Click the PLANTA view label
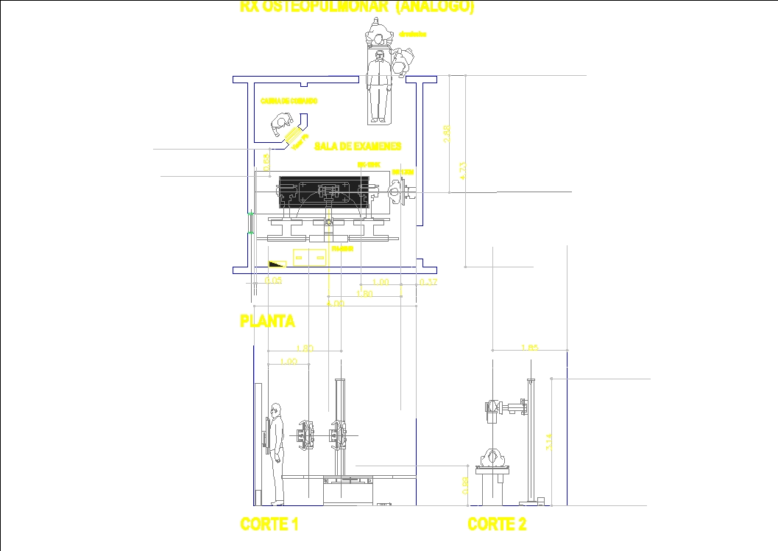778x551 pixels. (x=267, y=321)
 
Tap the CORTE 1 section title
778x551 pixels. (x=269, y=524)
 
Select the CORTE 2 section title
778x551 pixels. (x=497, y=524)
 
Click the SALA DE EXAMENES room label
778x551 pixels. (x=358, y=146)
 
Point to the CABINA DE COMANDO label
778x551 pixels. (x=289, y=100)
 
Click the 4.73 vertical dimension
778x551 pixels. (x=462, y=171)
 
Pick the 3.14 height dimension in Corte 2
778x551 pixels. (x=547, y=441)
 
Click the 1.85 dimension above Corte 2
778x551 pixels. (x=529, y=348)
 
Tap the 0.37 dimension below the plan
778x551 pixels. (x=428, y=282)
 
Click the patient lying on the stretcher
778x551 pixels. (x=378, y=85)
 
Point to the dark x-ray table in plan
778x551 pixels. (x=323, y=195)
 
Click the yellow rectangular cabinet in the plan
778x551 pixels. (x=310, y=257)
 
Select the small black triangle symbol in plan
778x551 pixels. (x=277, y=262)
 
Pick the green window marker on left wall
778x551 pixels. (x=251, y=222)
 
